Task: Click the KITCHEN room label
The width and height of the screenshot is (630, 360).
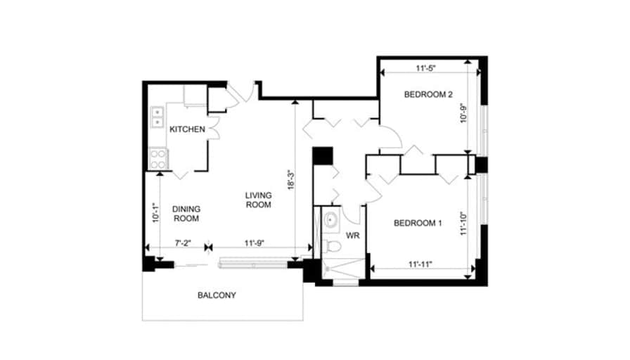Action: pos(187,129)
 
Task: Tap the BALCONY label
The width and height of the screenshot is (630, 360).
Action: pos(217,295)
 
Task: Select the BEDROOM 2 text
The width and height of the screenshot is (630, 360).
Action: pos(428,95)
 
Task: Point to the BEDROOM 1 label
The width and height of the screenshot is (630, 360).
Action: pos(418,223)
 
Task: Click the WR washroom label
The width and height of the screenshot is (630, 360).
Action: pos(353,236)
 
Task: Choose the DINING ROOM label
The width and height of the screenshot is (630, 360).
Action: pos(186,214)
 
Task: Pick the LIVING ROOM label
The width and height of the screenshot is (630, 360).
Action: pos(258,200)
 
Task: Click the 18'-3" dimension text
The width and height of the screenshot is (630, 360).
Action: pos(291,179)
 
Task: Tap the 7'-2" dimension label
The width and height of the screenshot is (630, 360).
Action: pos(183,243)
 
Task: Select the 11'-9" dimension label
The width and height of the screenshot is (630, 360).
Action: pos(254,243)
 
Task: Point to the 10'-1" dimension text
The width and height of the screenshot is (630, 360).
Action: pos(156,212)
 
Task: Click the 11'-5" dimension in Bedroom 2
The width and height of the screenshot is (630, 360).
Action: pos(426,68)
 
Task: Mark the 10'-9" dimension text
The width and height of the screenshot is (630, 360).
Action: pos(463,113)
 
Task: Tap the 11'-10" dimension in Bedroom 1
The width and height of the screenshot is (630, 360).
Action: pos(463,224)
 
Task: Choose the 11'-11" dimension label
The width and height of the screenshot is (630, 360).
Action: pos(420,264)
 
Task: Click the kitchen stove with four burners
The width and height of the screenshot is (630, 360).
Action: pos(158,159)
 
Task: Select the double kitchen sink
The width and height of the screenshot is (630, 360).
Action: pos(157,117)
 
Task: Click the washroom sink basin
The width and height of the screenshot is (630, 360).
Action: pos(331,220)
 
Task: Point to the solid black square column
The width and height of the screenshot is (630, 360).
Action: pos(323,156)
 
